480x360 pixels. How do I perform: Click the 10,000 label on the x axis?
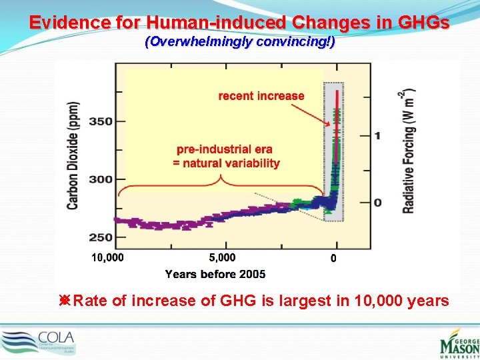pyautogui.click(x=107, y=257)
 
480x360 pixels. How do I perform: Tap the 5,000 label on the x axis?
pyautogui.click(x=222, y=257)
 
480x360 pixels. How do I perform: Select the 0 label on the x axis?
pyautogui.click(x=334, y=259)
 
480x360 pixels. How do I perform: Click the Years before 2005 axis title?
pyautogui.click(x=215, y=274)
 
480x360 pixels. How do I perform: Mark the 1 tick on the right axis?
pyautogui.click(x=378, y=135)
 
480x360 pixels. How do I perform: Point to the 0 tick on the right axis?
pyautogui.click(x=378, y=202)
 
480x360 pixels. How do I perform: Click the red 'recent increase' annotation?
pyautogui.click(x=261, y=96)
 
